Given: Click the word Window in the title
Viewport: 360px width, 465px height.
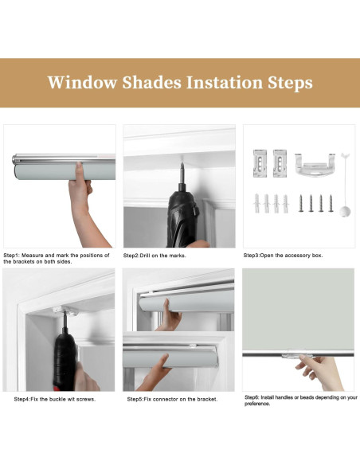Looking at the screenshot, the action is pos(82,83).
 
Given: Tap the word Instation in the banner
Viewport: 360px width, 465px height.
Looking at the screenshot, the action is pos(225,83).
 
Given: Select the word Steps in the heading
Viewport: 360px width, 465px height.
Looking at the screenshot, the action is pos(291,83).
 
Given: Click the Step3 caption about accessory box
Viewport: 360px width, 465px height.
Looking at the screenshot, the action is pos(284,255).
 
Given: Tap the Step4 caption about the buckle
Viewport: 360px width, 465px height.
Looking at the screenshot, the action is pos(55,399).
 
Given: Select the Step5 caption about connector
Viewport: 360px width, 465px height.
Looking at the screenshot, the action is pos(172,399).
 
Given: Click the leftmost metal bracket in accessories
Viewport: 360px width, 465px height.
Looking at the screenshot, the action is pos(260,163).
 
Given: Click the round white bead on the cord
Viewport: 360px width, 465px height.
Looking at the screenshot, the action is pos(345,212).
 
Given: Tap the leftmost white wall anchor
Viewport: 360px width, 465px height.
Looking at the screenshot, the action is pos(256,204).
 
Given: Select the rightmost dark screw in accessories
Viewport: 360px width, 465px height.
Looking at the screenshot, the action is pos(331,203).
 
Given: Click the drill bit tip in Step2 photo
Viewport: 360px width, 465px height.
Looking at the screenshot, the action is pos(182,164).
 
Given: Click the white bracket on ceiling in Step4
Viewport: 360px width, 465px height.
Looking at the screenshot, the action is pos(65,311).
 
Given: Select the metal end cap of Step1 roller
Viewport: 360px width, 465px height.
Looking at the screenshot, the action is pos(14,160).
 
